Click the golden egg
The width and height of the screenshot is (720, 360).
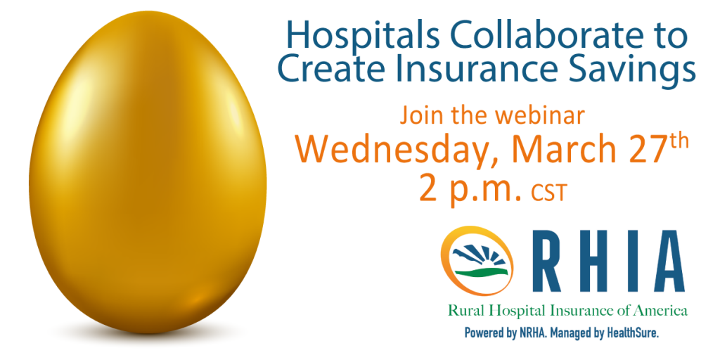coord(148,172)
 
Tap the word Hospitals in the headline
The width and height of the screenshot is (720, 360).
coord(363,37)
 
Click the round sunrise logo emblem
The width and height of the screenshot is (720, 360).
coord(477,260)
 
